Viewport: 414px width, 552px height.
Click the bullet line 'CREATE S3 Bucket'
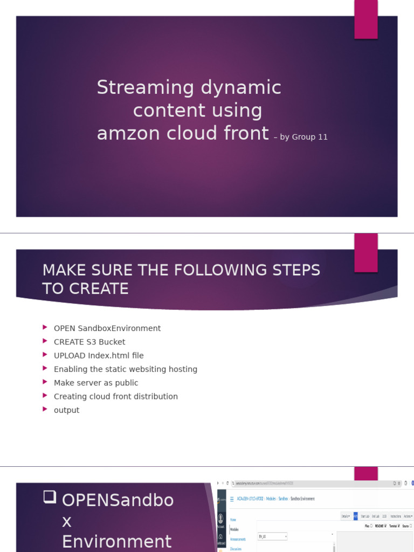click(x=89, y=342)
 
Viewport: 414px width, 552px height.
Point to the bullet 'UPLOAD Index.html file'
click(x=99, y=355)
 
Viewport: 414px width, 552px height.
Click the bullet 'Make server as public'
click(x=96, y=383)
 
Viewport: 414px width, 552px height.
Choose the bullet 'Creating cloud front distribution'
click(x=116, y=396)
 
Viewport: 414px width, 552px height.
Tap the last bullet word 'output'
click(x=66, y=410)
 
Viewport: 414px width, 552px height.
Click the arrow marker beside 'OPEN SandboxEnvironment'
click(x=45, y=328)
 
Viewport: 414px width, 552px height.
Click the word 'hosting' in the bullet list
click(x=183, y=369)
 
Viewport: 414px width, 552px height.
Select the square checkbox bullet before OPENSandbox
click(x=50, y=498)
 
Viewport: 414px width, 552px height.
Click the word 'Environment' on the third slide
click(x=117, y=541)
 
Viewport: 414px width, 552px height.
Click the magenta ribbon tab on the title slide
click(x=365, y=19)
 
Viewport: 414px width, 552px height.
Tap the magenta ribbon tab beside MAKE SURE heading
click(x=365, y=253)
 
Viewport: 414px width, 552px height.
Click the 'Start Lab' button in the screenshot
click(x=365, y=516)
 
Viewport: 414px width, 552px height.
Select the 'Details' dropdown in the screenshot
click(x=346, y=516)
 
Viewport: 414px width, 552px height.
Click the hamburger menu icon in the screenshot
click(x=232, y=499)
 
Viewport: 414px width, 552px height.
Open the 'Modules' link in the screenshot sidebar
click(x=234, y=529)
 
